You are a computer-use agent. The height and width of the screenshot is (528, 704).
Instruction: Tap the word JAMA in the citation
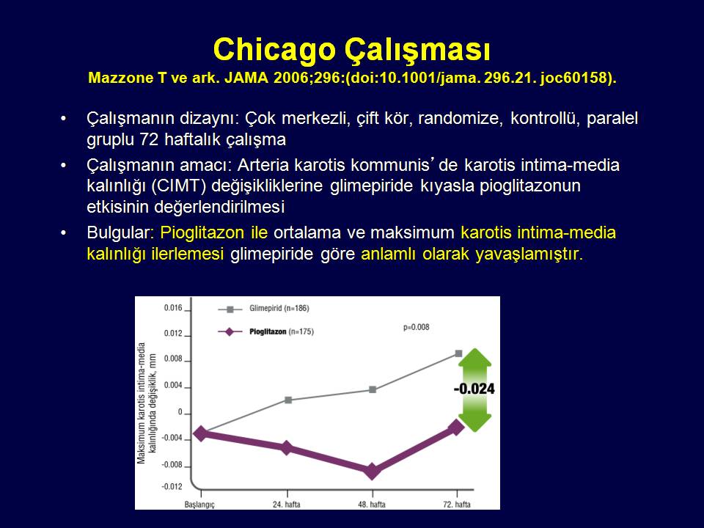246,78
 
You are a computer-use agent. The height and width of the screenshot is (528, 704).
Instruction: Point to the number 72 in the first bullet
149,139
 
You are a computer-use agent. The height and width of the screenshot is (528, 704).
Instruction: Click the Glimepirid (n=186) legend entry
263,309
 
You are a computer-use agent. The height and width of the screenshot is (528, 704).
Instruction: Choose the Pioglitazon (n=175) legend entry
265,331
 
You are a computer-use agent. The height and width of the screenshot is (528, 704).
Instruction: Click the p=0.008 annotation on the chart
417,327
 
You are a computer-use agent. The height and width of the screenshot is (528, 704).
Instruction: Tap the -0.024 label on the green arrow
474,389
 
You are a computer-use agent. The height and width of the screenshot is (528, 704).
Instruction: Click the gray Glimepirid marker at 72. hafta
458,353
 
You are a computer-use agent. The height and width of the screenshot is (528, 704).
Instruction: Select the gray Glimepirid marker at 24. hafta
288,400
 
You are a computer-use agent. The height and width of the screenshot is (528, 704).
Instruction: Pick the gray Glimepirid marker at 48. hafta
373,389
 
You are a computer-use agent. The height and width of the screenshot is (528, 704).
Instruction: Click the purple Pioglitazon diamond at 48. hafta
372,472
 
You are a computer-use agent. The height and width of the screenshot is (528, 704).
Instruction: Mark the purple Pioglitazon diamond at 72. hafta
457,428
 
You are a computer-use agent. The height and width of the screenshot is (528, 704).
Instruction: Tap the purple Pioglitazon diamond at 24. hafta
287,447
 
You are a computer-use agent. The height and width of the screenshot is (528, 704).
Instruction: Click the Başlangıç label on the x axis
199,505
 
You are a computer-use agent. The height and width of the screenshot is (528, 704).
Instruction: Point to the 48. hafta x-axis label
372,505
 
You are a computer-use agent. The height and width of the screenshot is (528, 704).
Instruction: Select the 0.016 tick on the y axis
173,308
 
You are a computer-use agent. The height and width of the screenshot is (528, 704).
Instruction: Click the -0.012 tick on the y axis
172,487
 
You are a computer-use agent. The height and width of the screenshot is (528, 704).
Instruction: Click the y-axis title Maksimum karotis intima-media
142,403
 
